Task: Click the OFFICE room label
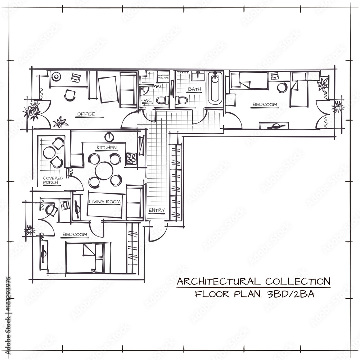coord(86,114)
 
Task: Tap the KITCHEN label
coord(106,148)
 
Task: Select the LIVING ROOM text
coord(105,202)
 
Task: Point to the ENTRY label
coord(157,210)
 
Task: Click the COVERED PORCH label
coord(53,180)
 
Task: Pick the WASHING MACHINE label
coord(163,77)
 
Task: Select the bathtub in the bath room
coord(215,88)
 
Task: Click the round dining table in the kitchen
coord(104,170)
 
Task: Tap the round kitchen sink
coord(109,137)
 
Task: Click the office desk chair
coord(70,95)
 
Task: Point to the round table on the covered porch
coord(49,153)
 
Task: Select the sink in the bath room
coord(197,76)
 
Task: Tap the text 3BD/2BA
coord(289,294)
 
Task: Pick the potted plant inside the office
coord(60,122)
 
